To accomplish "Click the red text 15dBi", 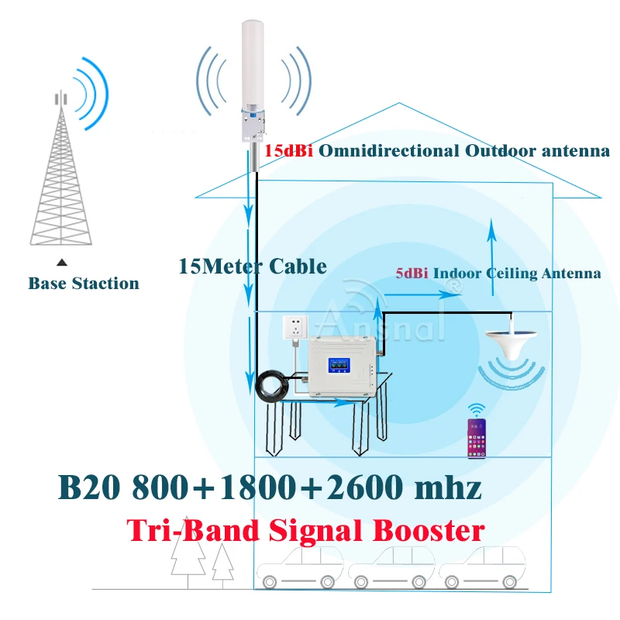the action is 289,151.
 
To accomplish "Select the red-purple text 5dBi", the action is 412,273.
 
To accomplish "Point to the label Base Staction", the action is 84,284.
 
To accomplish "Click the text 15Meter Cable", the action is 252,266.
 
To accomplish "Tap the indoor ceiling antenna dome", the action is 511,340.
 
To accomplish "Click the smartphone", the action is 475,432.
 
